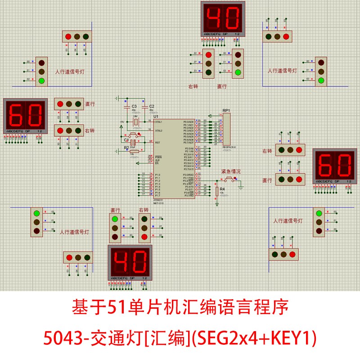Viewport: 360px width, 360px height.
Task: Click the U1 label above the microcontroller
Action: click(x=156, y=116)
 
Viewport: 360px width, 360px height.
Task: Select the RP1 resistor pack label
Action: click(x=226, y=110)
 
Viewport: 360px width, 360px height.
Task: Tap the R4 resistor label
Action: click(x=222, y=189)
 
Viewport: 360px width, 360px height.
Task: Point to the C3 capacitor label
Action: click(x=134, y=106)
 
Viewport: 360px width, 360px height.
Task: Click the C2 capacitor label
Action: click(x=151, y=106)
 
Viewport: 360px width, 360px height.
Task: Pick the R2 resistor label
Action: click(x=126, y=147)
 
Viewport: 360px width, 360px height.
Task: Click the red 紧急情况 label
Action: click(x=231, y=171)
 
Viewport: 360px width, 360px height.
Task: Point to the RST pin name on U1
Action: click(x=157, y=142)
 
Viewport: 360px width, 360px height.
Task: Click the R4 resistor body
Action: click(x=217, y=191)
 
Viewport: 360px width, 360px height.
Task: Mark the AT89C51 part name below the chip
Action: click(x=158, y=200)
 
